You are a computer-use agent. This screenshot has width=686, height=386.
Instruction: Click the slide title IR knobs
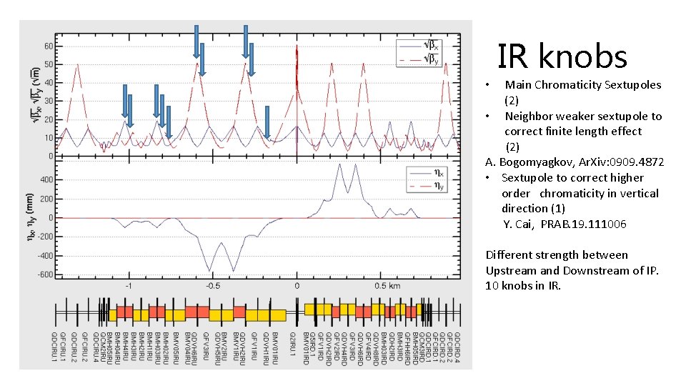[x=562, y=56]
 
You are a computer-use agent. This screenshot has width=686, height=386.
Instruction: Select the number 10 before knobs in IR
[x=492, y=285]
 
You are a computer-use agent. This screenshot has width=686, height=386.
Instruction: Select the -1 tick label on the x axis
[x=129, y=285]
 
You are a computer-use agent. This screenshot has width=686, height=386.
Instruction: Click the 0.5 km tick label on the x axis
[x=389, y=285]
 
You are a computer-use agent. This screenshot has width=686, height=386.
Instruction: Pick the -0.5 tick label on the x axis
[x=212, y=285]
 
